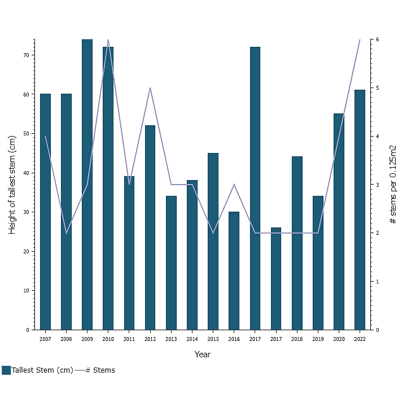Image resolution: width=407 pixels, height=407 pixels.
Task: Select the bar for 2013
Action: pos(171,262)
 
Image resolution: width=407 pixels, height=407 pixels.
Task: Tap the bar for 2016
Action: pos(234,270)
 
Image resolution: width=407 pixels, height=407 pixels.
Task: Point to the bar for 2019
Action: pos(318,262)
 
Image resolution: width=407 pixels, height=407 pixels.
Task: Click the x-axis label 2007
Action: pos(45,339)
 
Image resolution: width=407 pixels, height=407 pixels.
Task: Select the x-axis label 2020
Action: pos(339,339)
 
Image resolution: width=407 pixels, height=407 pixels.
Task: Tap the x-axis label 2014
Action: pos(192,339)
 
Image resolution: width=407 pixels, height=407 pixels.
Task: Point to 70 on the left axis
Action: pos(26,55)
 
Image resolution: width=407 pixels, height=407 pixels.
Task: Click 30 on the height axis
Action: pos(26,212)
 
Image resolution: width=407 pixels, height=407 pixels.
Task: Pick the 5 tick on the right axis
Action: pos(377,88)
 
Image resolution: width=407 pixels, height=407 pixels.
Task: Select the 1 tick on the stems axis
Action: pos(377,282)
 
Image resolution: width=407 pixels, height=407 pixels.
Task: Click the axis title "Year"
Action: pos(202,355)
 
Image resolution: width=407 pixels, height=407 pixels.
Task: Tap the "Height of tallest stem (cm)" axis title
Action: pos(12,185)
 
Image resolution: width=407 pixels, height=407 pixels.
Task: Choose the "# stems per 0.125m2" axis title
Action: pos(393,185)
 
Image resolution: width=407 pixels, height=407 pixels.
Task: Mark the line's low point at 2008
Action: pos(66,233)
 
